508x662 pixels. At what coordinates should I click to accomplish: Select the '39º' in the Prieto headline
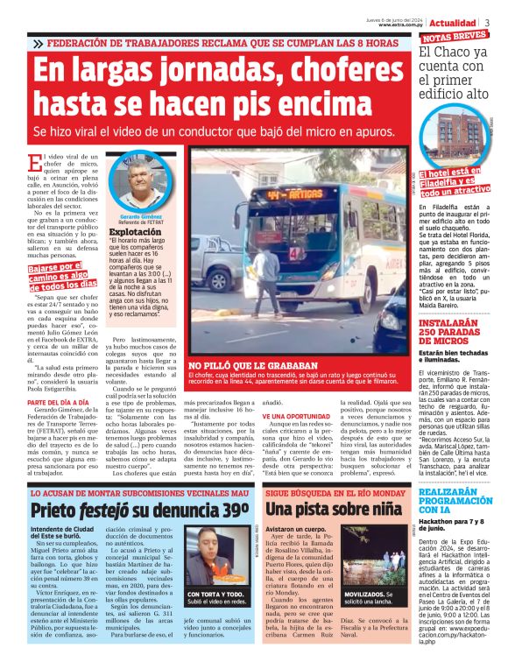click(x=235, y=509)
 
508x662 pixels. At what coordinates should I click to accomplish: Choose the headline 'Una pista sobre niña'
click(x=336, y=510)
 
